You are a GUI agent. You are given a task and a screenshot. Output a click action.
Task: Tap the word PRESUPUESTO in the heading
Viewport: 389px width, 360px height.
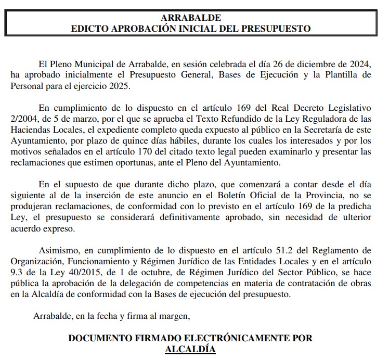tap(278, 28)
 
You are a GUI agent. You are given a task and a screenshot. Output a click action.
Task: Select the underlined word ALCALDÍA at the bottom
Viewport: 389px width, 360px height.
tap(190, 349)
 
